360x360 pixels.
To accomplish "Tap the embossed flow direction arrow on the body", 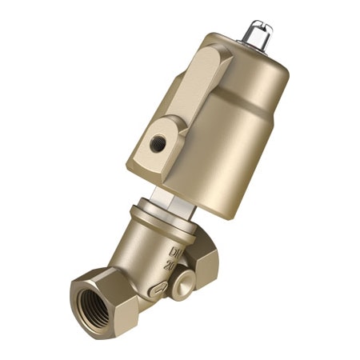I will click(158, 289).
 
